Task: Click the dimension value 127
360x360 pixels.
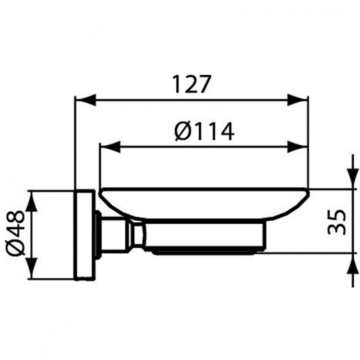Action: pos(192,85)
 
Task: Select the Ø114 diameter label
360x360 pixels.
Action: pos(204,131)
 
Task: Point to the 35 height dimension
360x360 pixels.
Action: pos(337,221)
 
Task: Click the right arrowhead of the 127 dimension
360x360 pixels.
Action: pos(298,100)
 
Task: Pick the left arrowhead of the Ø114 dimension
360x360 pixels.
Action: pos(109,147)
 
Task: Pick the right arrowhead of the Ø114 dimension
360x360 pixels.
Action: pos(298,147)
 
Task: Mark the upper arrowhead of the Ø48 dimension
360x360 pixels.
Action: pos(31,202)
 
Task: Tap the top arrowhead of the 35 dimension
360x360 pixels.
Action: pos(353,178)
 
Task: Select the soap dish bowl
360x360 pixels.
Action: pos(204,204)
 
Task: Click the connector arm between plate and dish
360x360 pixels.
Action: pos(120,234)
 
